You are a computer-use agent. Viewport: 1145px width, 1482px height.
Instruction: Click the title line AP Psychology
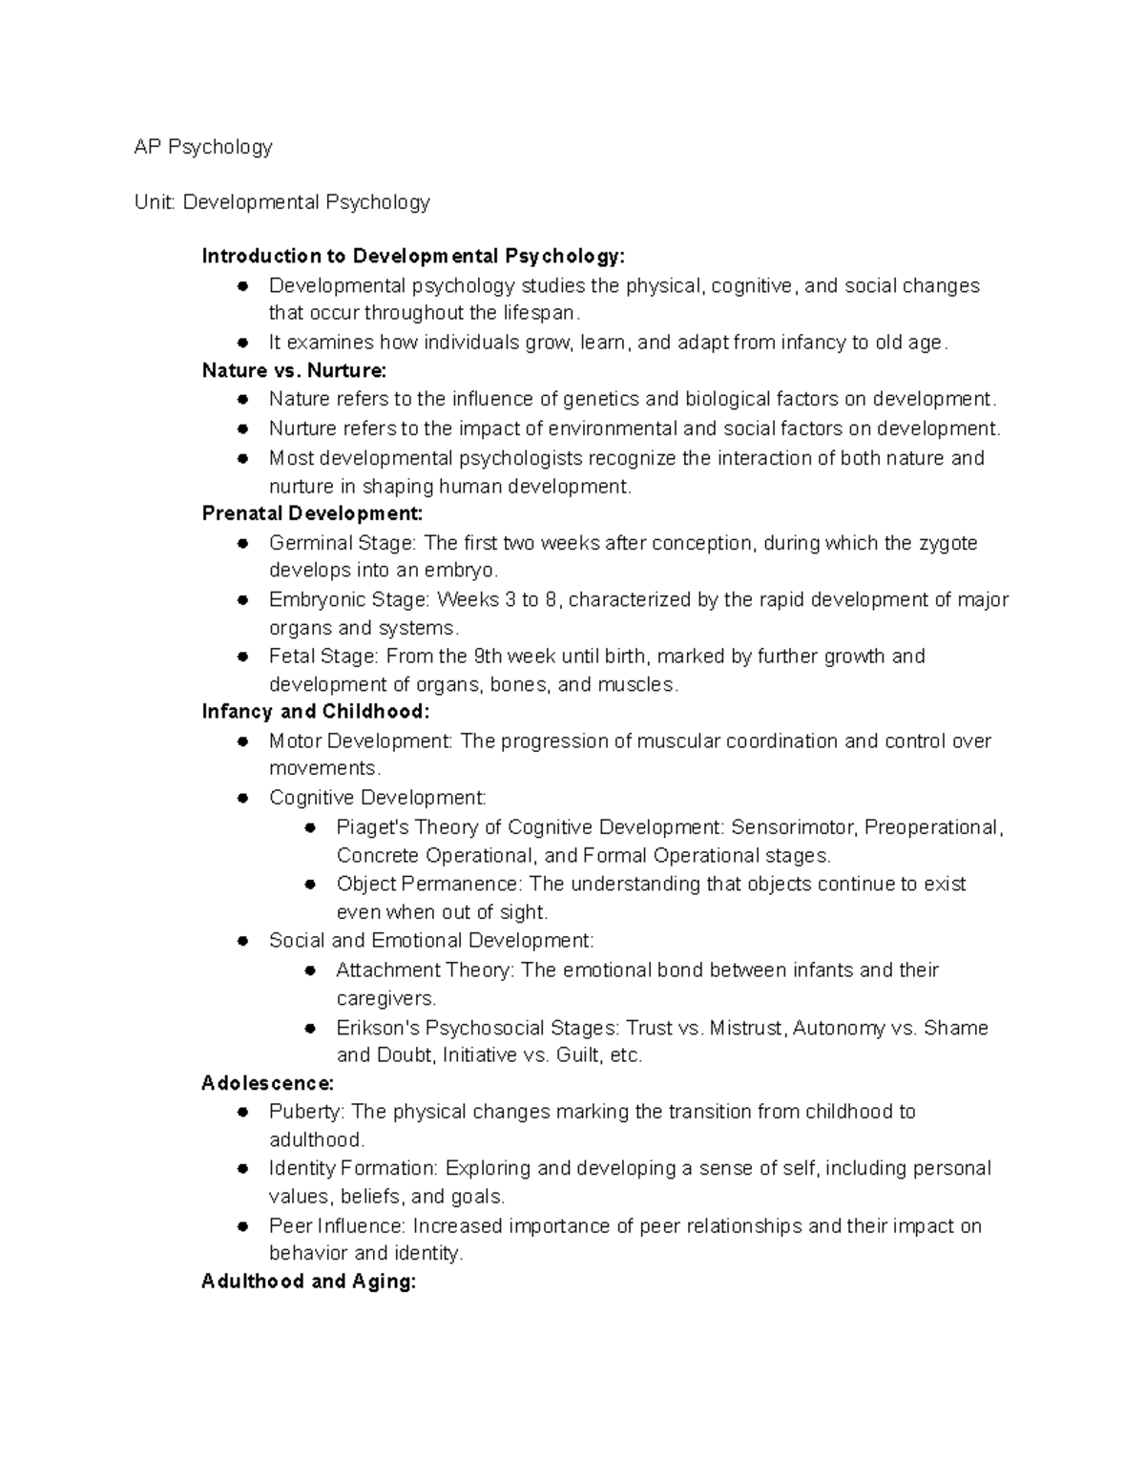[x=203, y=147]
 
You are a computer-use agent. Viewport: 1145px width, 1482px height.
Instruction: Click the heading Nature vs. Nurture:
[x=294, y=370]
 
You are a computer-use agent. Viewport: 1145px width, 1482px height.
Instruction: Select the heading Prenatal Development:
[x=312, y=513]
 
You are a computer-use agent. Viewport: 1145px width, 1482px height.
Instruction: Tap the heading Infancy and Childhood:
[x=316, y=712]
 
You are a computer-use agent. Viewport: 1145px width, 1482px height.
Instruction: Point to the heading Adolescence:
[x=267, y=1083]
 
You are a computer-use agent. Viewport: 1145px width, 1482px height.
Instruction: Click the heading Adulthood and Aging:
[x=308, y=1282]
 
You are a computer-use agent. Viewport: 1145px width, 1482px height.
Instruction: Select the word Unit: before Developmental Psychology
[x=156, y=202]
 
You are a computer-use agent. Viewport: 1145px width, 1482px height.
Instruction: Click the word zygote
[x=947, y=543]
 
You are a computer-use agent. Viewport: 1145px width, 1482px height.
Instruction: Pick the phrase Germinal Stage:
[x=343, y=543]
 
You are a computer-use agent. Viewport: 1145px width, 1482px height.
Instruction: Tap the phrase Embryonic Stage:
[x=349, y=600]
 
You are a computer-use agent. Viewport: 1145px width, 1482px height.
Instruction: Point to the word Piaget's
[x=372, y=827]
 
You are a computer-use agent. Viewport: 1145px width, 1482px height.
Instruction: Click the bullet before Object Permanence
[x=310, y=885]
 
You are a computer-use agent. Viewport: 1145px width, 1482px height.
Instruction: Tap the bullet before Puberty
[x=243, y=1112]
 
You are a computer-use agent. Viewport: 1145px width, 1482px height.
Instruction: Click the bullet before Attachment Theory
[x=310, y=971]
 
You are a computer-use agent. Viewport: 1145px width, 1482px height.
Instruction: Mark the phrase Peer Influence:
[x=338, y=1226]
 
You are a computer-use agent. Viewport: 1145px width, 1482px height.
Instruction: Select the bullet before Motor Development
[x=243, y=741]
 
